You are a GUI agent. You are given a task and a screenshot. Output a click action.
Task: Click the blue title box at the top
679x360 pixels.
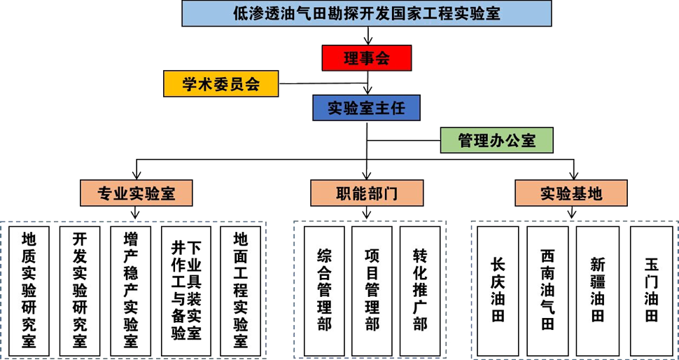[x=366, y=13]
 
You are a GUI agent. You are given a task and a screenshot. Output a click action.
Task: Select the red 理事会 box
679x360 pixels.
[x=366, y=58]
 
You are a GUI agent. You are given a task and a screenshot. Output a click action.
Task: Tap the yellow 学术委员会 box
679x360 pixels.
[x=221, y=84]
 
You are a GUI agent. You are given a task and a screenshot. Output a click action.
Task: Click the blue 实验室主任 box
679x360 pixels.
[x=366, y=108]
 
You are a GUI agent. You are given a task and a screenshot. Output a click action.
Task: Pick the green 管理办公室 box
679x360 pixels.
[x=496, y=140]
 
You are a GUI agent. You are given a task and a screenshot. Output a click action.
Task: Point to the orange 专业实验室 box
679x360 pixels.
[x=136, y=193]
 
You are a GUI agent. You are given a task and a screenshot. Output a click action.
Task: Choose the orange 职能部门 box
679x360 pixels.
[x=367, y=193]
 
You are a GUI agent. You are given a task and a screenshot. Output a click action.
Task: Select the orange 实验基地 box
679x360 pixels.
[x=571, y=193]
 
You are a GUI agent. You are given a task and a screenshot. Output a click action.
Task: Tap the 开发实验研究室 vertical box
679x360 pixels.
[x=80, y=291]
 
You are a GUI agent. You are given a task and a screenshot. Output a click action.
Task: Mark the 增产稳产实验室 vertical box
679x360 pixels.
[x=131, y=291]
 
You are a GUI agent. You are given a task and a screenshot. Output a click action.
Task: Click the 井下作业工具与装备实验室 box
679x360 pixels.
[x=185, y=291]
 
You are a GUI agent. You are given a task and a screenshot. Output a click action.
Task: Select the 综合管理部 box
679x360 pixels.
[x=323, y=291]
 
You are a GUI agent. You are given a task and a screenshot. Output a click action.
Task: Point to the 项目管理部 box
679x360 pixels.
[x=372, y=291]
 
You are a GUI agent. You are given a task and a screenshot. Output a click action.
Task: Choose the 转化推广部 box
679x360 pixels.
[x=420, y=291]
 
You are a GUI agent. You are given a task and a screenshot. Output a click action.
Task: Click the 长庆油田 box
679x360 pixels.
[x=498, y=291]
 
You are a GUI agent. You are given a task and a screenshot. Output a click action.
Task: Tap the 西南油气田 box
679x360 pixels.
[x=547, y=291]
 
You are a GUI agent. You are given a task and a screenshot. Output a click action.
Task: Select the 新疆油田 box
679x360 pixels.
[x=597, y=291]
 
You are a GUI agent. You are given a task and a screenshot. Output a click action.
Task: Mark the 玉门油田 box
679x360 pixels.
[x=651, y=291]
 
